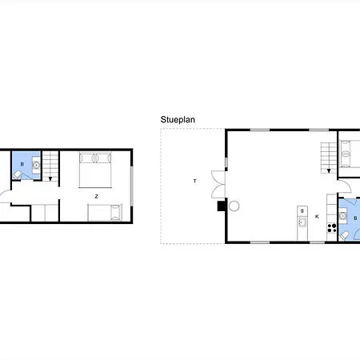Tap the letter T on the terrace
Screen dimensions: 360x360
click(x=194, y=182)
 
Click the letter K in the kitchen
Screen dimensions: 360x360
click(x=317, y=216)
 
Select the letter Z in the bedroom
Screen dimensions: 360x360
click(x=96, y=195)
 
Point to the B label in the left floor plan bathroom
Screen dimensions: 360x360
click(x=22, y=165)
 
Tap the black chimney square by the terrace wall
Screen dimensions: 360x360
click(x=222, y=206)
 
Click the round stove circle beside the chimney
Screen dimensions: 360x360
click(x=234, y=206)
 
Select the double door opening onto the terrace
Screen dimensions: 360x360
click(x=215, y=185)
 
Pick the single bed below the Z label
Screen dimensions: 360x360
click(x=105, y=213)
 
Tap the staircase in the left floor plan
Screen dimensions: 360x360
click(x=51, y=168)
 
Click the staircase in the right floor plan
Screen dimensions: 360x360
click(x=327, y=156)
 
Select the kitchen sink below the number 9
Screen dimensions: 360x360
click(x=302, y=222)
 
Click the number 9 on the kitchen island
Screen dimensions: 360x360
click(x=302, y=210)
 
